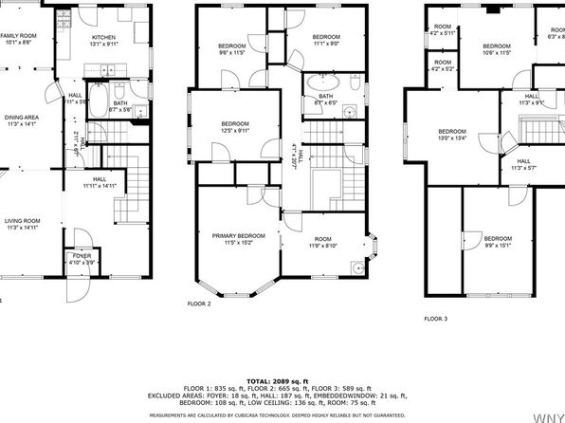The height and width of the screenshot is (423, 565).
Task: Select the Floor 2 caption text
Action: click(x=200, y=303)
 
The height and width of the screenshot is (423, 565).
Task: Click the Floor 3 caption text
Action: click(x=436, y=319)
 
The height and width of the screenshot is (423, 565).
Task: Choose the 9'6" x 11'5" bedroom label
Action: click(x=233, y=50)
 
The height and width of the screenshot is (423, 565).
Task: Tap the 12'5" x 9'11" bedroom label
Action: click(x=235, y=128)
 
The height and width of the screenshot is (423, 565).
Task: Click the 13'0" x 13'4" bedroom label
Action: click(x=451, y=136)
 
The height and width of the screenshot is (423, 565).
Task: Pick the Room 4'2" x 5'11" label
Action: click(x=442, y=30)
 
